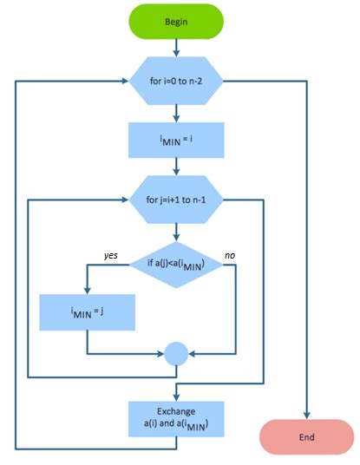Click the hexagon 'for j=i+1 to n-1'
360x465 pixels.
(176, 200)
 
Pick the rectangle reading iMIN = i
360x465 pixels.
(176, 136)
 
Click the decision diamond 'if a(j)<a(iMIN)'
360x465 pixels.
(176, 264)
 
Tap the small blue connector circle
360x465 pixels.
(176, 353)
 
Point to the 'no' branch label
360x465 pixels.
(229, 255)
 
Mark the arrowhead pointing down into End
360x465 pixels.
(305, 414)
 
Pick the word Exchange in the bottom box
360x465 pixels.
(176, 410)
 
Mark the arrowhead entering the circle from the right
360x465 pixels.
(193, 353)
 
